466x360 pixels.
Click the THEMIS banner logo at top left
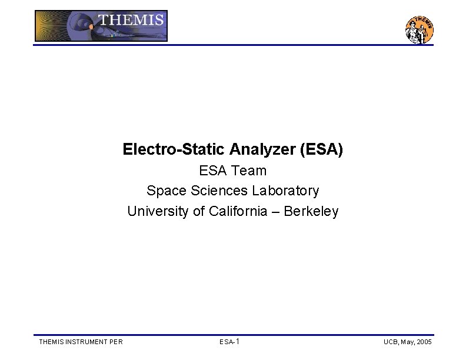click(x=101, y=26)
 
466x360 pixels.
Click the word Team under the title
click(x=249, y=171)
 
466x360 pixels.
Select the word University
click(x=158, y=211)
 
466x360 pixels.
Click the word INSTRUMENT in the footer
click(x=86, y=342)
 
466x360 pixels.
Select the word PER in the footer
click(x=116, y=342)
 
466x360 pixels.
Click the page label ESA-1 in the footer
click(x=229, y=342)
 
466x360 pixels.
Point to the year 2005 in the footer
click(x=424, y=342)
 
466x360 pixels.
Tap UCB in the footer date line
click(x=391, y=342)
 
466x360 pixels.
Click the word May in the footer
click(x=407, y=342)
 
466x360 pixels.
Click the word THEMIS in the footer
click(x=51, y=342)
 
